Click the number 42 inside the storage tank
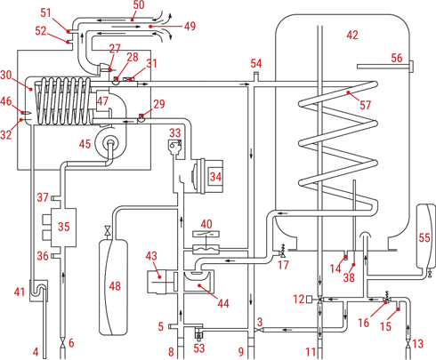pos(352,35)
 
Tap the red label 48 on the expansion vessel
pos(115,286)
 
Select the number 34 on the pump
pos(215,177)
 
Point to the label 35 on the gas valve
pos(64,227)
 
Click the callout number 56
pos(397,58)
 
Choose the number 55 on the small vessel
pos(424,237)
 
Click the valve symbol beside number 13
pos(408,344)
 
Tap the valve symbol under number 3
pos(259,330)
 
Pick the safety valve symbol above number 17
pos(282,252)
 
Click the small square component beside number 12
pos(310,299)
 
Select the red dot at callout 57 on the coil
pos(349,92)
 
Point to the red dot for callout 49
pos(150,27)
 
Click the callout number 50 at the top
pos(139,5)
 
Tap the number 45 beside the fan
pos(85,144)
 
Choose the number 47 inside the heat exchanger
pos(102,101)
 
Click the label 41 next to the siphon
pos(20,292)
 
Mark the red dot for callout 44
pos(199,285)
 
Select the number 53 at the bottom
pos(199,348)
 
